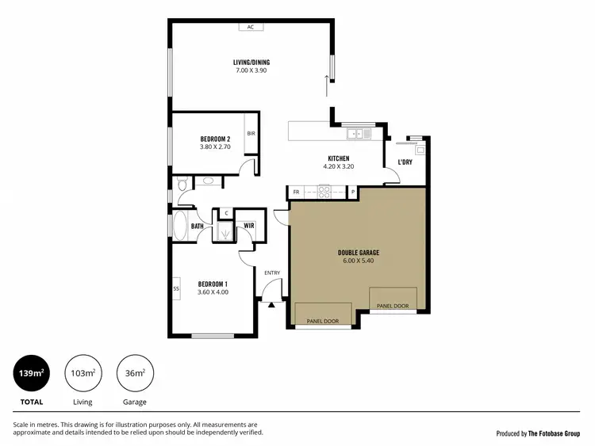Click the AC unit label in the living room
(251, 27)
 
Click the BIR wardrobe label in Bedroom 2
(251, 133)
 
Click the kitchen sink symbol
(357, 134)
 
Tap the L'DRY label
(405, 162)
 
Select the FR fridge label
(297, 192)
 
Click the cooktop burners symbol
(324, 191)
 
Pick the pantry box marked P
(353, 192)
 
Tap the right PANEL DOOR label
(393, 305)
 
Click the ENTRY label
(272, 273)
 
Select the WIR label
(248, 226)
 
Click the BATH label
(198, 226)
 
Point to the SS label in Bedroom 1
(176, 288)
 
